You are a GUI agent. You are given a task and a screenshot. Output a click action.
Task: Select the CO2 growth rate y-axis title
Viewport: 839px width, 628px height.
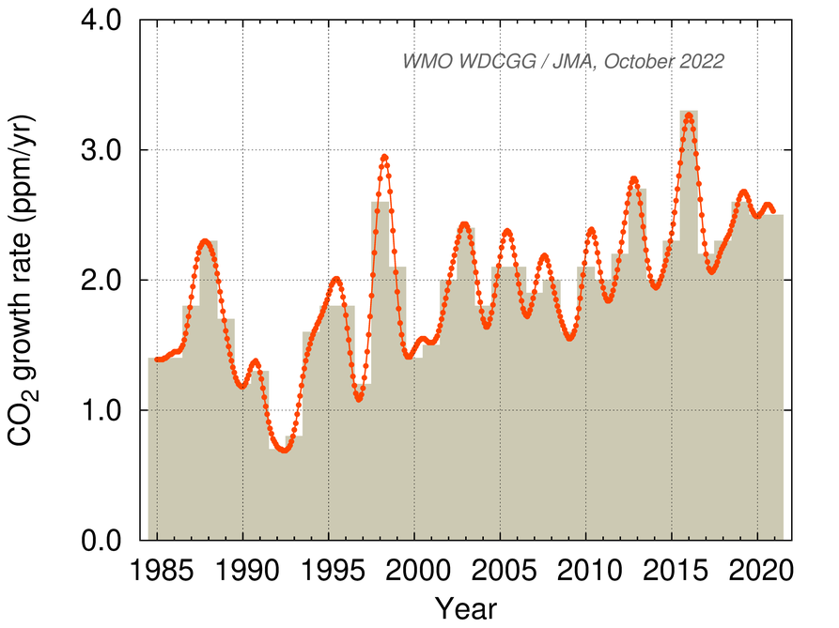(25, 280)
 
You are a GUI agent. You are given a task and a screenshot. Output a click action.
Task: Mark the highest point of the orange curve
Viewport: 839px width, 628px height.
(689, 115)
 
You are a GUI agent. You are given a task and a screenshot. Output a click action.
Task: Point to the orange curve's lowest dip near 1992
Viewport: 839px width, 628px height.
(284, 451)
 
